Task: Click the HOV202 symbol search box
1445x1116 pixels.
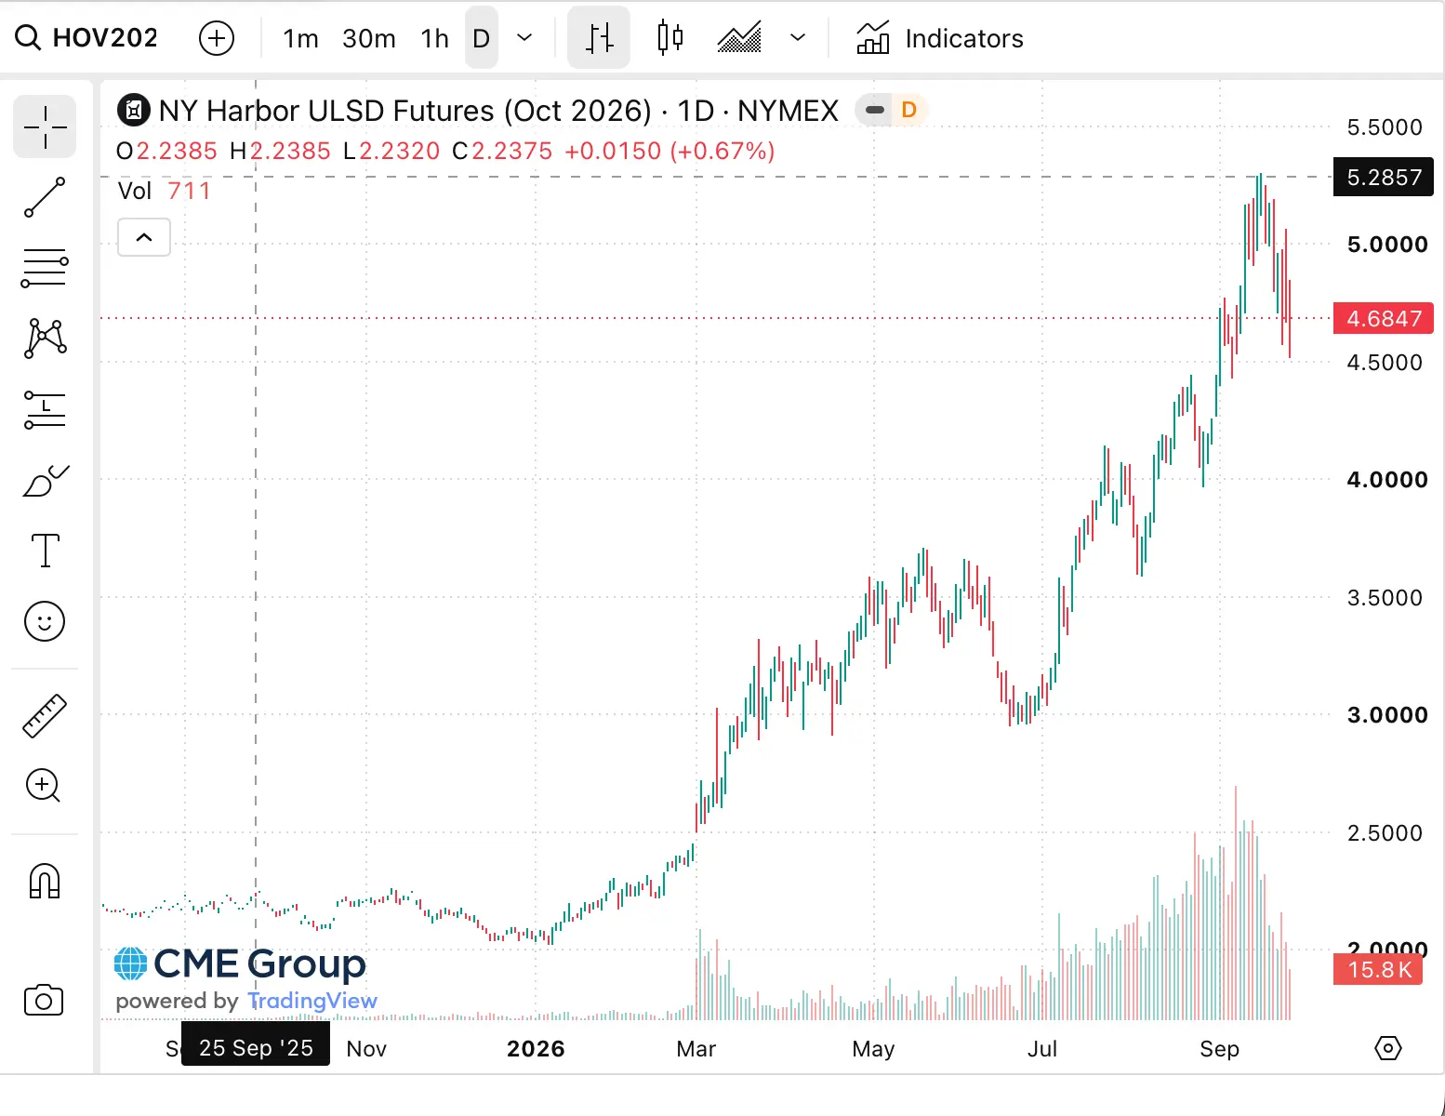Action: click(x=86, y=38)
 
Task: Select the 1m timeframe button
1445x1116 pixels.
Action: click(x=300, y=38)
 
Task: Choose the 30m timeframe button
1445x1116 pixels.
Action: click(x=369, y=38)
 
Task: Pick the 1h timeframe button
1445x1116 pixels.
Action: click(x=435, y=38)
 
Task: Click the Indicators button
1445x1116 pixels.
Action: click(x=939, y=38)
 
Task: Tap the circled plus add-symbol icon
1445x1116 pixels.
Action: click(x=216, y=38)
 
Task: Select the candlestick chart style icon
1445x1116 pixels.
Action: click(x=669, y=37)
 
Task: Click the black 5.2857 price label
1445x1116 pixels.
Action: click(x=1383, y=178)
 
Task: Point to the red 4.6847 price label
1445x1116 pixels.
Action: click(x=1383, y=319)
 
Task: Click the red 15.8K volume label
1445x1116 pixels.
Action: click(x=1378, y=970)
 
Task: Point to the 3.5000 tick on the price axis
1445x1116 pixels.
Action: click(x=1385, y=598)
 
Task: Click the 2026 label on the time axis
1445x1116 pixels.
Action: click(x=536, y=1049)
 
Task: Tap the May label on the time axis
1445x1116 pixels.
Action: click(x=873, y=1049)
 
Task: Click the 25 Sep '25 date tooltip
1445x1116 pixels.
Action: click(x=256, y=1047)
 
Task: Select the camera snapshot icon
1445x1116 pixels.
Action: click(x=44, y=1001)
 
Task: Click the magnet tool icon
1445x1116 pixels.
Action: click(x=45, y=882)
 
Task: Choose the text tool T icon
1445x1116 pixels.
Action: click(x=46, y=550)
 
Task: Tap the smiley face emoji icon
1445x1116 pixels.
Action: click(x=45, y=622)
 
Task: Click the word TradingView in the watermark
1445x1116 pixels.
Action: click(x=312, y=1001)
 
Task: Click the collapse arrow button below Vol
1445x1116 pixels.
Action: click(x=143, y=237)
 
